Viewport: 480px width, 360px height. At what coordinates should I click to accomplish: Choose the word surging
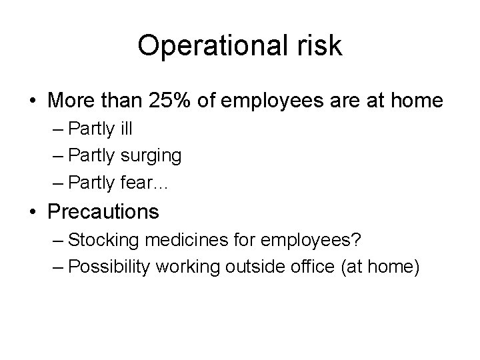click(151, 156)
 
